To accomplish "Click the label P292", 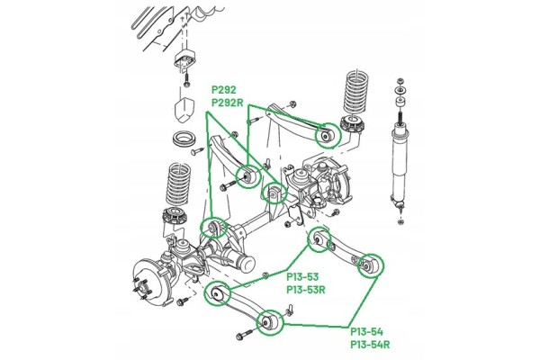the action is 224,90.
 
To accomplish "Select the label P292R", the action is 228,103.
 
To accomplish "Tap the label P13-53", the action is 302,277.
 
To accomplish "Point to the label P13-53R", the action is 306,290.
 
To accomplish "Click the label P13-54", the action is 367,332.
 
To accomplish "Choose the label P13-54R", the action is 370,345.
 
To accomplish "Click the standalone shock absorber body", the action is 400,166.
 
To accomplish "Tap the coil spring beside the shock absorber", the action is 355,93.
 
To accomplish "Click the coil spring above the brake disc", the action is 178,185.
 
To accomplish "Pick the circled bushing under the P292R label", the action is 249,176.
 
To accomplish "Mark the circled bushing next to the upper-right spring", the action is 328,135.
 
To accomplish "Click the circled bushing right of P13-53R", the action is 370,265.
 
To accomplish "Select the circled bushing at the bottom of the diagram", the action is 270,322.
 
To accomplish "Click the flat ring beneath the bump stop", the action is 184,139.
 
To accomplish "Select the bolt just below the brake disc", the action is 182,301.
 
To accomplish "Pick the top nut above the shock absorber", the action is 400,82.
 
